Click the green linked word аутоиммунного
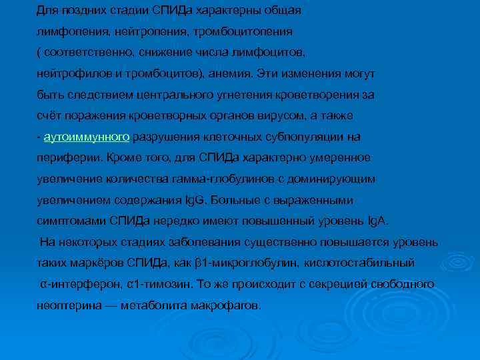coord(86,137)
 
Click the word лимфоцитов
coord(273,53)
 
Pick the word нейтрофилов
coord(69,74)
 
